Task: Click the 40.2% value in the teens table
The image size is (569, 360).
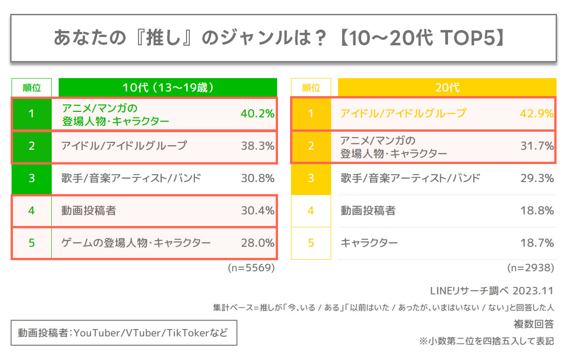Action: (x=258, y=114)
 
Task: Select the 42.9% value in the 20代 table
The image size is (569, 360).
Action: (x=537, y=114)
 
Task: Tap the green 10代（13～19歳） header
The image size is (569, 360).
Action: (x=168, y=87)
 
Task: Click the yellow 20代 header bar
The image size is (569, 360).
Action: (x=447, y=87)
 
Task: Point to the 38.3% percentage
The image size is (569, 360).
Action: (x=258, y=146)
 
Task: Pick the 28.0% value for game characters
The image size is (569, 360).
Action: (x=258, y=243)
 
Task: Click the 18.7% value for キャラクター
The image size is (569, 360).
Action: (x=537, y=243)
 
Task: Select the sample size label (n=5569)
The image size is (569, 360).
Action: (x=251, y=268)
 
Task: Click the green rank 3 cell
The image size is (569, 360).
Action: (x=31, y=178)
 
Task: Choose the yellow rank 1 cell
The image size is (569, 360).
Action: (x=311, y=114)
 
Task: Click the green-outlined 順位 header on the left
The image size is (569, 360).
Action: (x=32, y=87)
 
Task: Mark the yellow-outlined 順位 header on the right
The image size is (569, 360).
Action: (x=311, y=87)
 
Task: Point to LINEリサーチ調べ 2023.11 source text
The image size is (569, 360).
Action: (x=491, y=291)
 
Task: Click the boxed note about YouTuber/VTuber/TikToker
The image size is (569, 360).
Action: (x=123, y=333)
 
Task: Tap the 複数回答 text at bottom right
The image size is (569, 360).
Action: (x=533, y=324)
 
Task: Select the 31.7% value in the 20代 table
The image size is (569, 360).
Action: (x=537, y=146)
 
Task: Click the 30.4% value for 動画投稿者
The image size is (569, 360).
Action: (x=258, y=211)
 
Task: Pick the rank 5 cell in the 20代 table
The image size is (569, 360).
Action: (x=311, y=243)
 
